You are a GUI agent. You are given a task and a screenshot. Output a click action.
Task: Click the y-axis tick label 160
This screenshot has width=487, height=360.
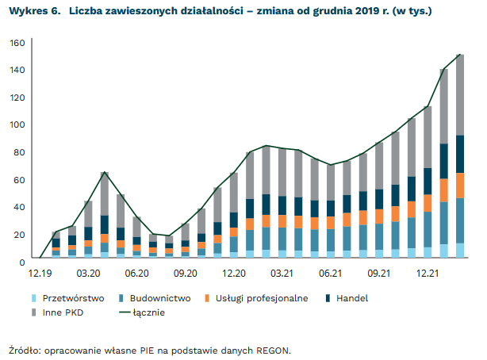point(17,43)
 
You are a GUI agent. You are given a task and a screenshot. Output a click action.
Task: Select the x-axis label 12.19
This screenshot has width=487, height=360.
point(40,273)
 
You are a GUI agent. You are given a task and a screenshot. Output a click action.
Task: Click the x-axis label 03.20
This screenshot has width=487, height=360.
point(88,273)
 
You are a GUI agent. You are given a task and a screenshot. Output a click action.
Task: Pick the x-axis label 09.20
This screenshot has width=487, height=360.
point(185,273)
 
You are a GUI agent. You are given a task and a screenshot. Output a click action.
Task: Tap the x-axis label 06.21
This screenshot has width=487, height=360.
point(330,273)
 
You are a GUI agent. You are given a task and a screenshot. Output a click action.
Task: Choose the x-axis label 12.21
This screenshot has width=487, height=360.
point(428,273)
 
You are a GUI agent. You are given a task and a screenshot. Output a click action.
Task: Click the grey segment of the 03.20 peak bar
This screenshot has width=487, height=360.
point(104,193)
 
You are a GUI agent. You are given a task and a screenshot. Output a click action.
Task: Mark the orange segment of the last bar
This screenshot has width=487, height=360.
point(460,185)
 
